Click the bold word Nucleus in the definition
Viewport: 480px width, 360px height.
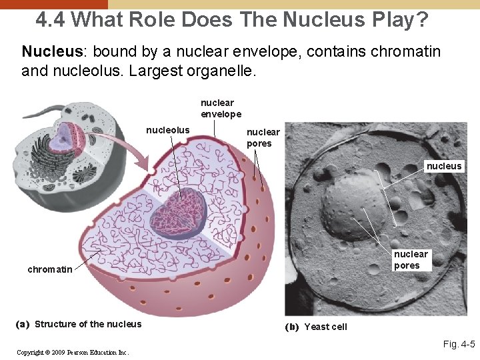[45, 51]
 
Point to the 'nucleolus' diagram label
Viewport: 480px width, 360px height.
[167, 130]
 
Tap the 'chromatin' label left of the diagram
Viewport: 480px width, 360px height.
[49, 269]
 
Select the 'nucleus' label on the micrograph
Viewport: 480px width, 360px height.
[444, 166]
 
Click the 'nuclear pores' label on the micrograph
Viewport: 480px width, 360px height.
[411, 259]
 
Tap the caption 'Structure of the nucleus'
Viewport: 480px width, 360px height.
[88, 324]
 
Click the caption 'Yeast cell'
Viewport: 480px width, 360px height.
[325, 327]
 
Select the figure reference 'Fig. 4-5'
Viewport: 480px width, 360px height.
[459, 345]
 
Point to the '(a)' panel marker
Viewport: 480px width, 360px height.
[23, 324]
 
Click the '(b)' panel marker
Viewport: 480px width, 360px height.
[292, 327]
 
